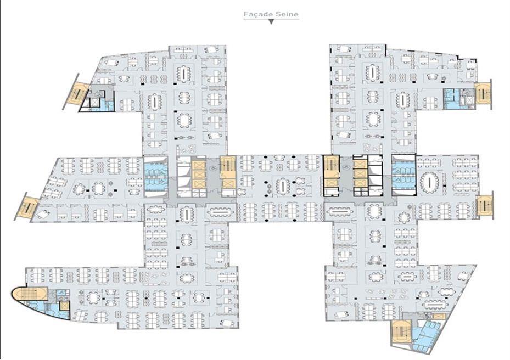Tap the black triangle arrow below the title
click(x=271, y=22)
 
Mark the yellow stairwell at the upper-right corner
click(x=483, y=93)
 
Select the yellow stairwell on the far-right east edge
click(x=485, y=205)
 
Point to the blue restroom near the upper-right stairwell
click(x=451, y=95)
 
